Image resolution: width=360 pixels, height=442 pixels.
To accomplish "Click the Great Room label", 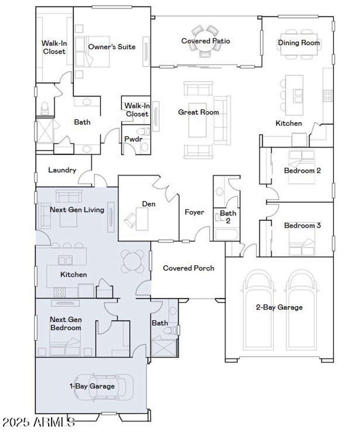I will [x=198, y=112].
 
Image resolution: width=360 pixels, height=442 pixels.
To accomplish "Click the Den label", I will [x=149, y=204].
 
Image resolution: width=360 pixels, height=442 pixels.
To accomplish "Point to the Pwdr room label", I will [x=133, y=139].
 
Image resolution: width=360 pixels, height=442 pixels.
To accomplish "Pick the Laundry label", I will [x=62, y=170].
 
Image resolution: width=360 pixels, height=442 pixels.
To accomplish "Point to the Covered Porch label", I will [x=188, y=268].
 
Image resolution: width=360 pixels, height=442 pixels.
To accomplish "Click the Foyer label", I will [x=194, y=212].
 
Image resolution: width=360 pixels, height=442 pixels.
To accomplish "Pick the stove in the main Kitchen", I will [x=327, y=96].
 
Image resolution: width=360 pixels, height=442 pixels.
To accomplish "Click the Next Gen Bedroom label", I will [x=66, y=324].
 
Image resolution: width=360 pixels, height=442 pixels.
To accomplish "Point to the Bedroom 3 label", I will [x=302, y=225].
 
